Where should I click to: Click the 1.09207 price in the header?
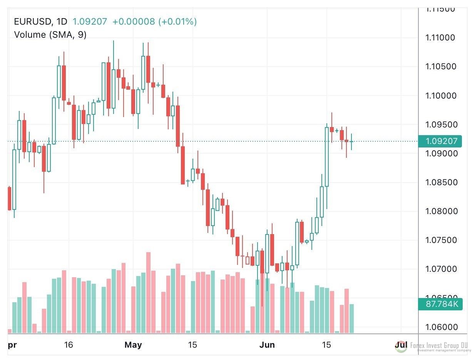90,22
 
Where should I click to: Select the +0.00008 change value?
133,22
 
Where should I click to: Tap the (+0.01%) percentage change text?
177,22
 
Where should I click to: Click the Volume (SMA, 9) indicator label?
50,35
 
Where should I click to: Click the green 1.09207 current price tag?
442,141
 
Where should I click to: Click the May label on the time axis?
133,345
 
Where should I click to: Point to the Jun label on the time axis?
267,345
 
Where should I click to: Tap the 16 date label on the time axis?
69,345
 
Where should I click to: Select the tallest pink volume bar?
148,293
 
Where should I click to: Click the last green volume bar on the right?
351,318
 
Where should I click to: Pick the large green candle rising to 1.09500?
327,157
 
